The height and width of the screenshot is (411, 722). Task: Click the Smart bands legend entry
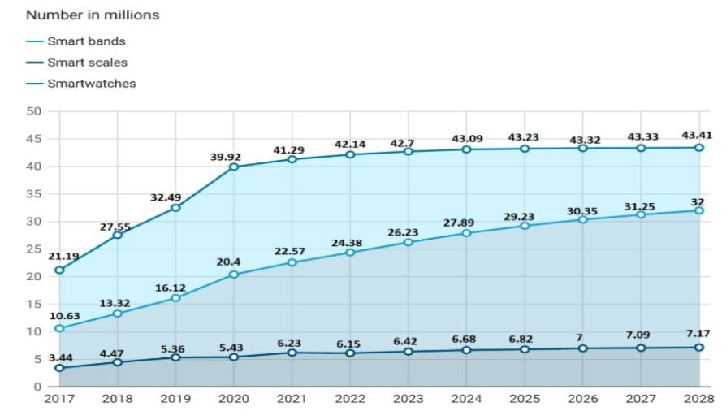[86, 41]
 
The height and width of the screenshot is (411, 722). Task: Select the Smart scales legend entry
[87, 62]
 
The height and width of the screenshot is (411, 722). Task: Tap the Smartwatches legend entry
[91, 83]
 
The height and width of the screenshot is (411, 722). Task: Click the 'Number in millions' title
[92, 15]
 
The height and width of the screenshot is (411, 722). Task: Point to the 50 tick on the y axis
[34, 111]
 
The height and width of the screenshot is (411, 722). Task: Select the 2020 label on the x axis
[233, 399]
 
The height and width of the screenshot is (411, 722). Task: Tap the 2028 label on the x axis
[698, 399]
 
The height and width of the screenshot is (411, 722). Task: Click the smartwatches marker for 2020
[233, 167]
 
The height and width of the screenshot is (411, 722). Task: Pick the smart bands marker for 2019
[175, 298]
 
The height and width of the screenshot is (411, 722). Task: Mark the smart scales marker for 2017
[59, 368]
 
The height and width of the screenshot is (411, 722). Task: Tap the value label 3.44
[62, 357]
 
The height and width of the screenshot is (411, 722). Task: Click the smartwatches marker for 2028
[698, 147]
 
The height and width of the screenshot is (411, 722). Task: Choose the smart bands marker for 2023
[408, 242]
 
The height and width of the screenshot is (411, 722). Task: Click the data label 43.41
[698, 134]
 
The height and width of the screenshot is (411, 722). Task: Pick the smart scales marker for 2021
[292, 353]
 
